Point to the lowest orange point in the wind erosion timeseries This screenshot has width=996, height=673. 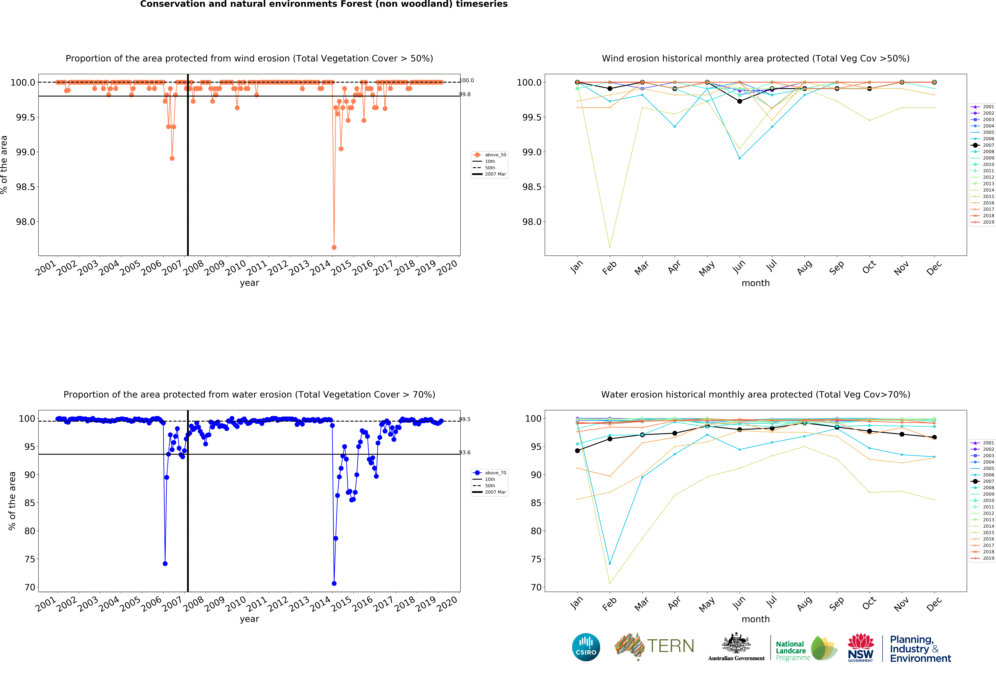[334, 247]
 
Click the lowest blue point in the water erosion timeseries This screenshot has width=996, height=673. [334, 583]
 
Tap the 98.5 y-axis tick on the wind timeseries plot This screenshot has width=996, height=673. [26, 187]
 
